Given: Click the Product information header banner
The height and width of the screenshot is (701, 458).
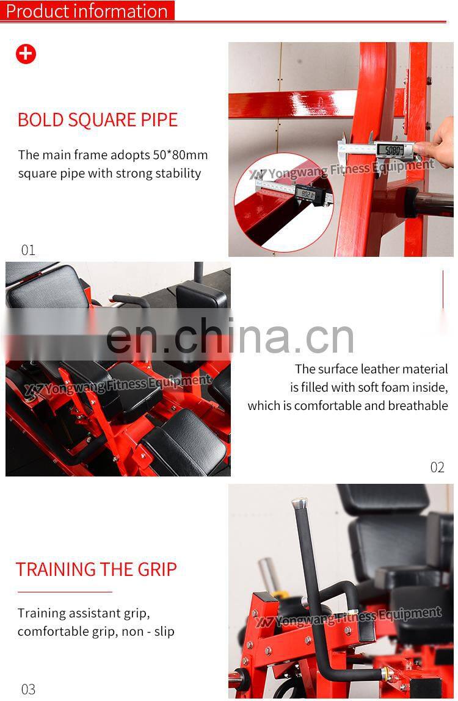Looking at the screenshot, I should tap(87, 11).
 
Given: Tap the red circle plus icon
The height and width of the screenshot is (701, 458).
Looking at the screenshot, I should tap(26, 54).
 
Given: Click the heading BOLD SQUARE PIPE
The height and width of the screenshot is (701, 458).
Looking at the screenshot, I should tap(98, 120).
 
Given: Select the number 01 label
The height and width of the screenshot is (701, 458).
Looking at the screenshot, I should tap(28, 250).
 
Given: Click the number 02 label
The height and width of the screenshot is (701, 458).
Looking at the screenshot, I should tap(437, 467).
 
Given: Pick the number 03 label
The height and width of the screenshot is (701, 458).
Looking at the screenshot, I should tap(28, 689).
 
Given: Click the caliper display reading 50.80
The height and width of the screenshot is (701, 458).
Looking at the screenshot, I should tap(391, 150).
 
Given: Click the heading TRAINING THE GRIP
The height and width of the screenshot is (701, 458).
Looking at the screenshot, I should tap(96, 569).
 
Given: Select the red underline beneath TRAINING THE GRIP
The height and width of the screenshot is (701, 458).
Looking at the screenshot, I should tap(65, 592).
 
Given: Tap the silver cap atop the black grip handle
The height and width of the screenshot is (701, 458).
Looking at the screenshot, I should tap(299, 503).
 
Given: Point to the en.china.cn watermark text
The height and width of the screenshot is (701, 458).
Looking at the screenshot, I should tap(230, 336).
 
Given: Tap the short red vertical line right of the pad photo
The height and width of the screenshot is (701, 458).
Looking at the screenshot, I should tap(443, 289).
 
